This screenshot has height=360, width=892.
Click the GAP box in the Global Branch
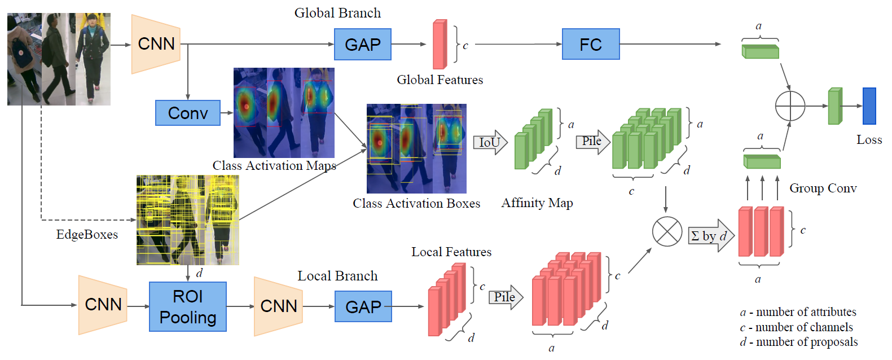[362, 45]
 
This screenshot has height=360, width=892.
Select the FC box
[591, 45]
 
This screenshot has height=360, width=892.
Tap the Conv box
[188, 113]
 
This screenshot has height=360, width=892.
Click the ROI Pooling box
[188, 306]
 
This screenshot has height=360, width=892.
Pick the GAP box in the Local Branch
[363, 306]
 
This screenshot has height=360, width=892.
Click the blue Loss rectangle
[869, 106]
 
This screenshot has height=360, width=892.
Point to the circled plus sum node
[790, 106]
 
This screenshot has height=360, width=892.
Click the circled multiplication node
[667, 231]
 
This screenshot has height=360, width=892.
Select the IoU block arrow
[490, 143]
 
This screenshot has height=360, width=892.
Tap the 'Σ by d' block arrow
[711, 235]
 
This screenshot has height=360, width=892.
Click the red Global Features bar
[440, 45]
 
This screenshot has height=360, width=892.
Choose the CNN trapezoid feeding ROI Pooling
[103, 305]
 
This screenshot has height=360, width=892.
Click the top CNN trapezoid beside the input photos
[156, 44]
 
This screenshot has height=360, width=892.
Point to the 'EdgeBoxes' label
[87, 235]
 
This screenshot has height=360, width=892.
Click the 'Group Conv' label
[823, 188]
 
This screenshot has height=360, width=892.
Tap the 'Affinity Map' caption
[537, 203]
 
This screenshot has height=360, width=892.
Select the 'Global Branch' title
[337, 13]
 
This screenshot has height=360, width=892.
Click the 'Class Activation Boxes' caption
[416, 204]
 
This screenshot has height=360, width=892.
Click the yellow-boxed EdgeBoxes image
[187, 219]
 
